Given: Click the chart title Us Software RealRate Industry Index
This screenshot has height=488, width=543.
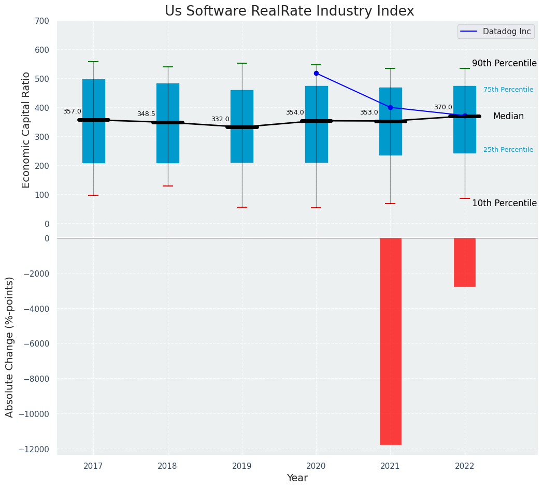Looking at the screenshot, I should [289, 11].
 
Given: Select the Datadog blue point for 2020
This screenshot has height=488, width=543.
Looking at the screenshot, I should [316, 74].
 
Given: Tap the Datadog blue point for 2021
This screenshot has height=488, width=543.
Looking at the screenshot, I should [390, 108].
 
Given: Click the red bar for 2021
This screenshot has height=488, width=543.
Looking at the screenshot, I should [390, 341].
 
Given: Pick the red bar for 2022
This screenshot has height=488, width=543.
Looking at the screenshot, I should [464, 262].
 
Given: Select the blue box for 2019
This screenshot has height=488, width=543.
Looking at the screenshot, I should [242, 150].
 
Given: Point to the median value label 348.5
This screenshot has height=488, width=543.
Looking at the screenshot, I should [146, 114].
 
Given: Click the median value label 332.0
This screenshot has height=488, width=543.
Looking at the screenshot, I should [220, 119].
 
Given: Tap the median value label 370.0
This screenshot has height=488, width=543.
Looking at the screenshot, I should [443, 107].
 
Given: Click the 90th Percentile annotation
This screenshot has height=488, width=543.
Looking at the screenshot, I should [504, 63].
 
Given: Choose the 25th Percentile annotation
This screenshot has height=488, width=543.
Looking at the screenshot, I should [508, 150].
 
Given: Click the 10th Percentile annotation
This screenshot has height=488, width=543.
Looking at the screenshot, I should [504, 203].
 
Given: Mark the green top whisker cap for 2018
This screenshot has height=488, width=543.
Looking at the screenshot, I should [168, 67].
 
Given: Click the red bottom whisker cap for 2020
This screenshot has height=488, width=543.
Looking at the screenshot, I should [316, 208].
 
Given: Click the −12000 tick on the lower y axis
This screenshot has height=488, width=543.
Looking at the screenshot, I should [35, 449].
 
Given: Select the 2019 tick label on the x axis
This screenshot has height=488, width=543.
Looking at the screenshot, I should [242, 466].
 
